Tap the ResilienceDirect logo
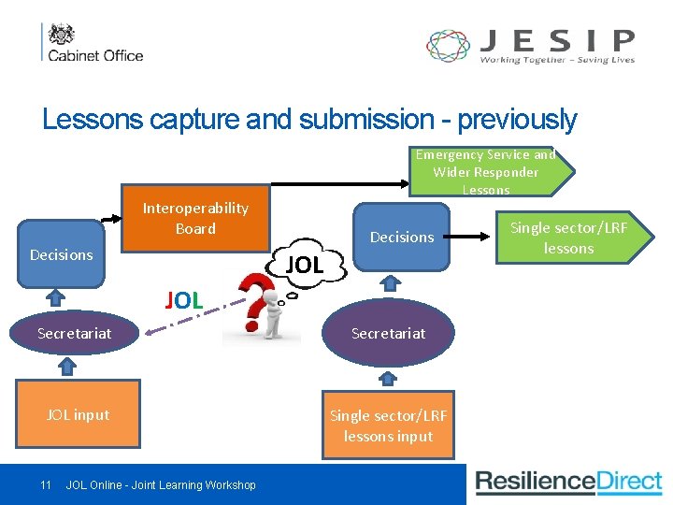tap(569, 483)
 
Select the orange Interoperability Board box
tap(195, 219)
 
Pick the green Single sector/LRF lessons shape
tap(570, 238)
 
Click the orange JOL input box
tap(79, 414)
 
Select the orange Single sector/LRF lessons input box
tap(388, 426)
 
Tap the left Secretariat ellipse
tap(75, 333)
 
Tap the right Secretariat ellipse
tap(388, 333)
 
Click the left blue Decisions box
tap(62, 254)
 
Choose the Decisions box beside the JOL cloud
tap(402, 238)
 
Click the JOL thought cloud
tap(305, 266)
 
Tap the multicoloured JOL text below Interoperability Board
tap(184, 300)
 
